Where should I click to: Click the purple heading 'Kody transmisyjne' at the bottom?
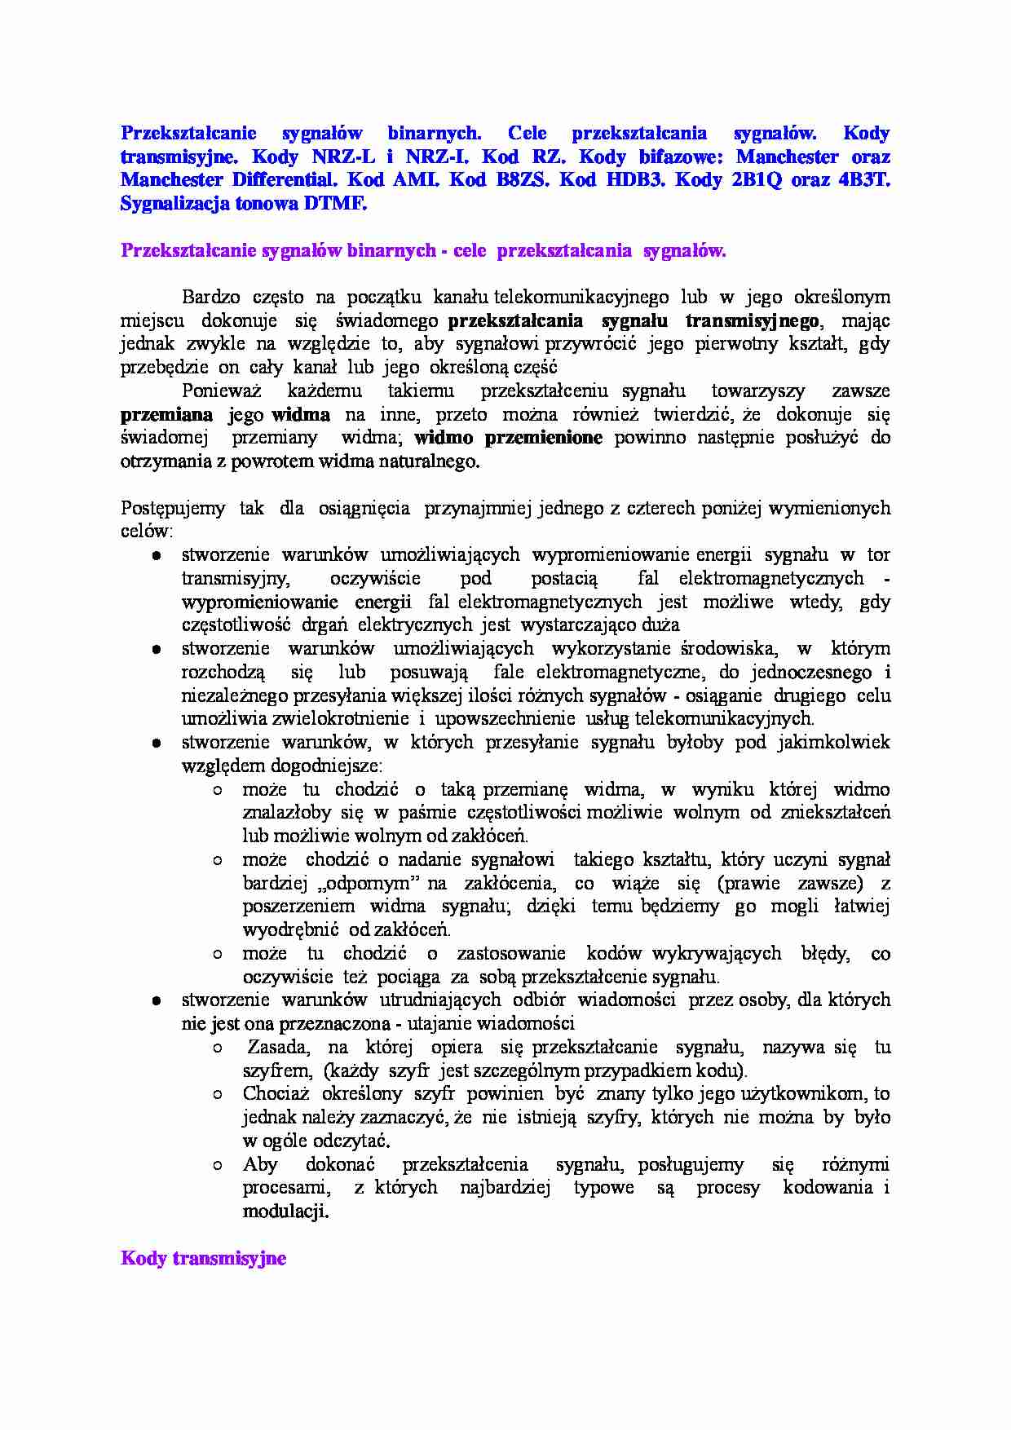[x=203, y=1258]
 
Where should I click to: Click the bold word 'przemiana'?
[x=167, y=414]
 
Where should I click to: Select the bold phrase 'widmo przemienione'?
[x=508, y=438]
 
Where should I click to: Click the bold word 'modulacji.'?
[x=285, y=1212]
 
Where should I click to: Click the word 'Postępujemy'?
[x=173, y=508]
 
